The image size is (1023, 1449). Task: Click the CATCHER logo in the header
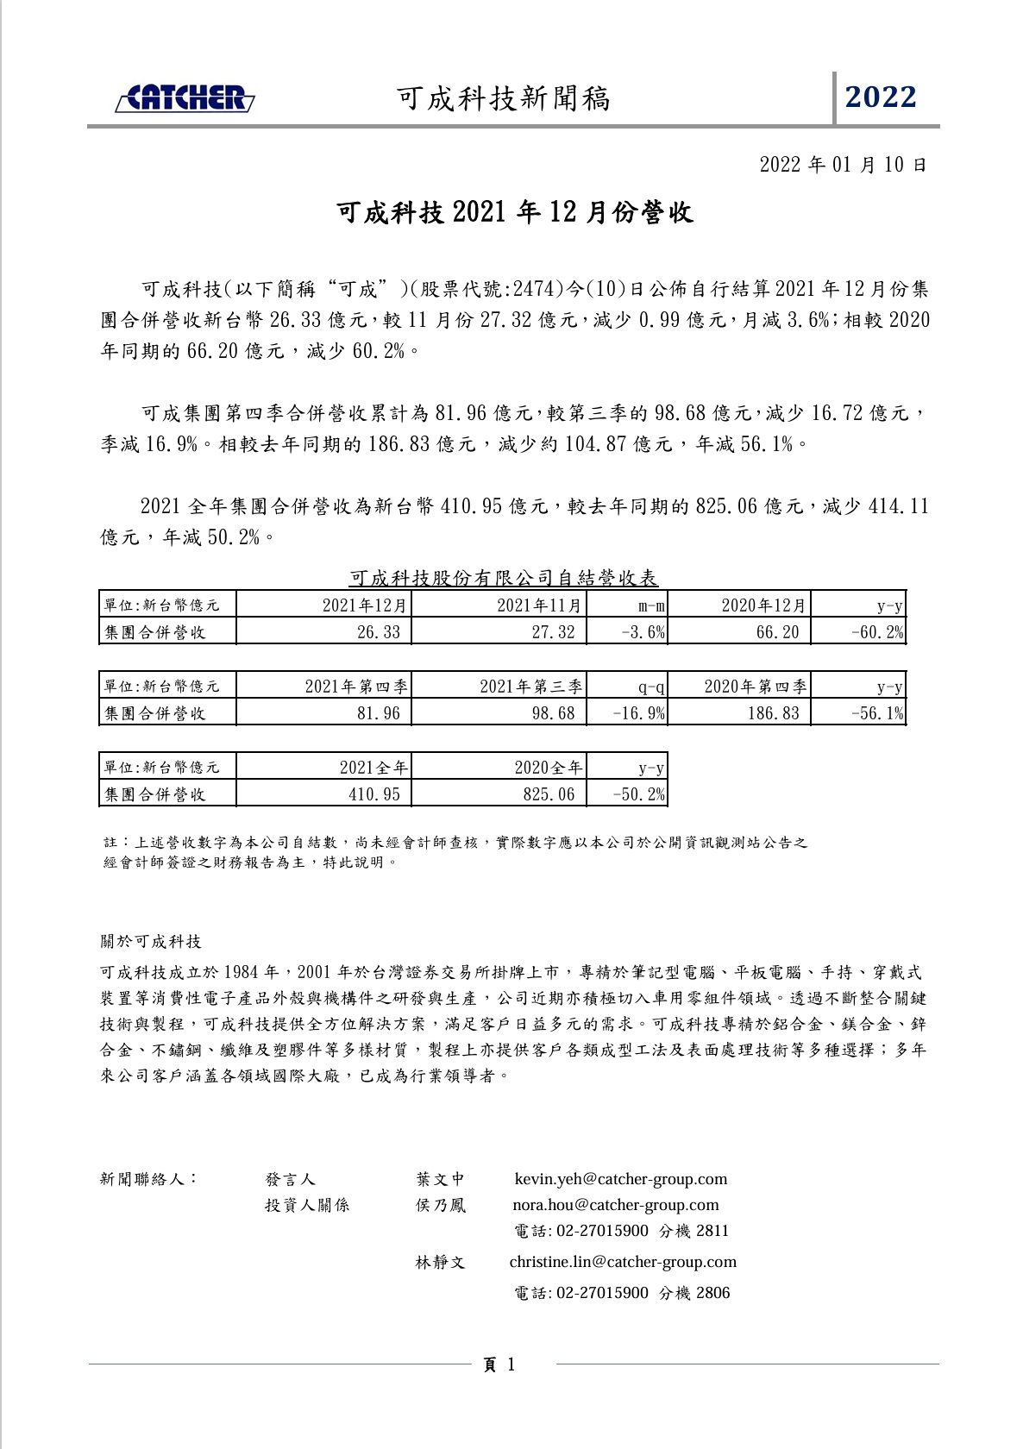click(185, 99)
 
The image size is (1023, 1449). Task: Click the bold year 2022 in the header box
click(881, 97)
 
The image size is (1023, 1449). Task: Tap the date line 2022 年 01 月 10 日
click(842, 165)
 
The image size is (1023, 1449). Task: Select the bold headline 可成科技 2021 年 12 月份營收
click(515, 212)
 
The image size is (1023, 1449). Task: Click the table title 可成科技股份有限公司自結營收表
click(505, 578)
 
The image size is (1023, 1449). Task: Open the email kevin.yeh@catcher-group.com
click(620, 1179)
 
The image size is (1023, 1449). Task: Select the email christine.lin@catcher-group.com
click(623, 1262)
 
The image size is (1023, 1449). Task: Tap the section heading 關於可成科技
click(151, 941)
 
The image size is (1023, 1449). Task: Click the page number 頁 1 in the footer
click(499, 1364)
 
